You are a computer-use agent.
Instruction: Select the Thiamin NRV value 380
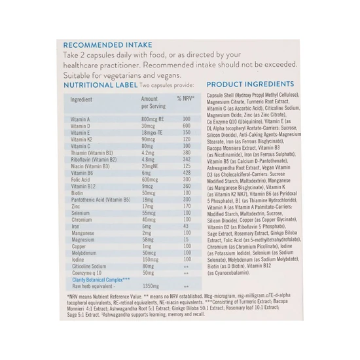(187, 153)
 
